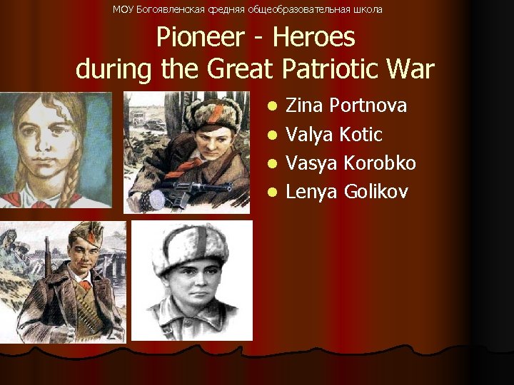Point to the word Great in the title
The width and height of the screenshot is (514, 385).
242,69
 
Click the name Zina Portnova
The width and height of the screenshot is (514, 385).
346,106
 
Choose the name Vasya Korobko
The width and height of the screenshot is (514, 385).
351,163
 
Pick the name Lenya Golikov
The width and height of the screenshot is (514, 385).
347,191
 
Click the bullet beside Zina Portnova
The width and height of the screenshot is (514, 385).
271,107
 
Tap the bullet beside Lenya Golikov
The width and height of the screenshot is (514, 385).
271,192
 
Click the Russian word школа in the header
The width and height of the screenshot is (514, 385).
367,9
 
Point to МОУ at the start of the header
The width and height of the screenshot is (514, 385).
123,9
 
